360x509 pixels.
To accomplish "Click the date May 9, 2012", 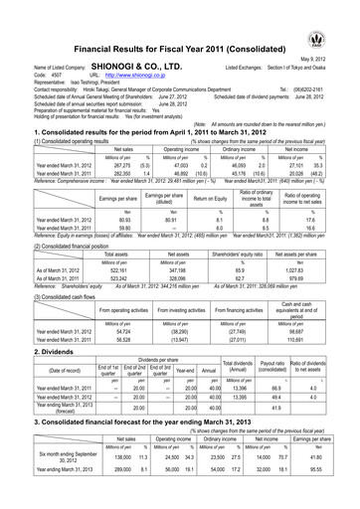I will tap(332, 57).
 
